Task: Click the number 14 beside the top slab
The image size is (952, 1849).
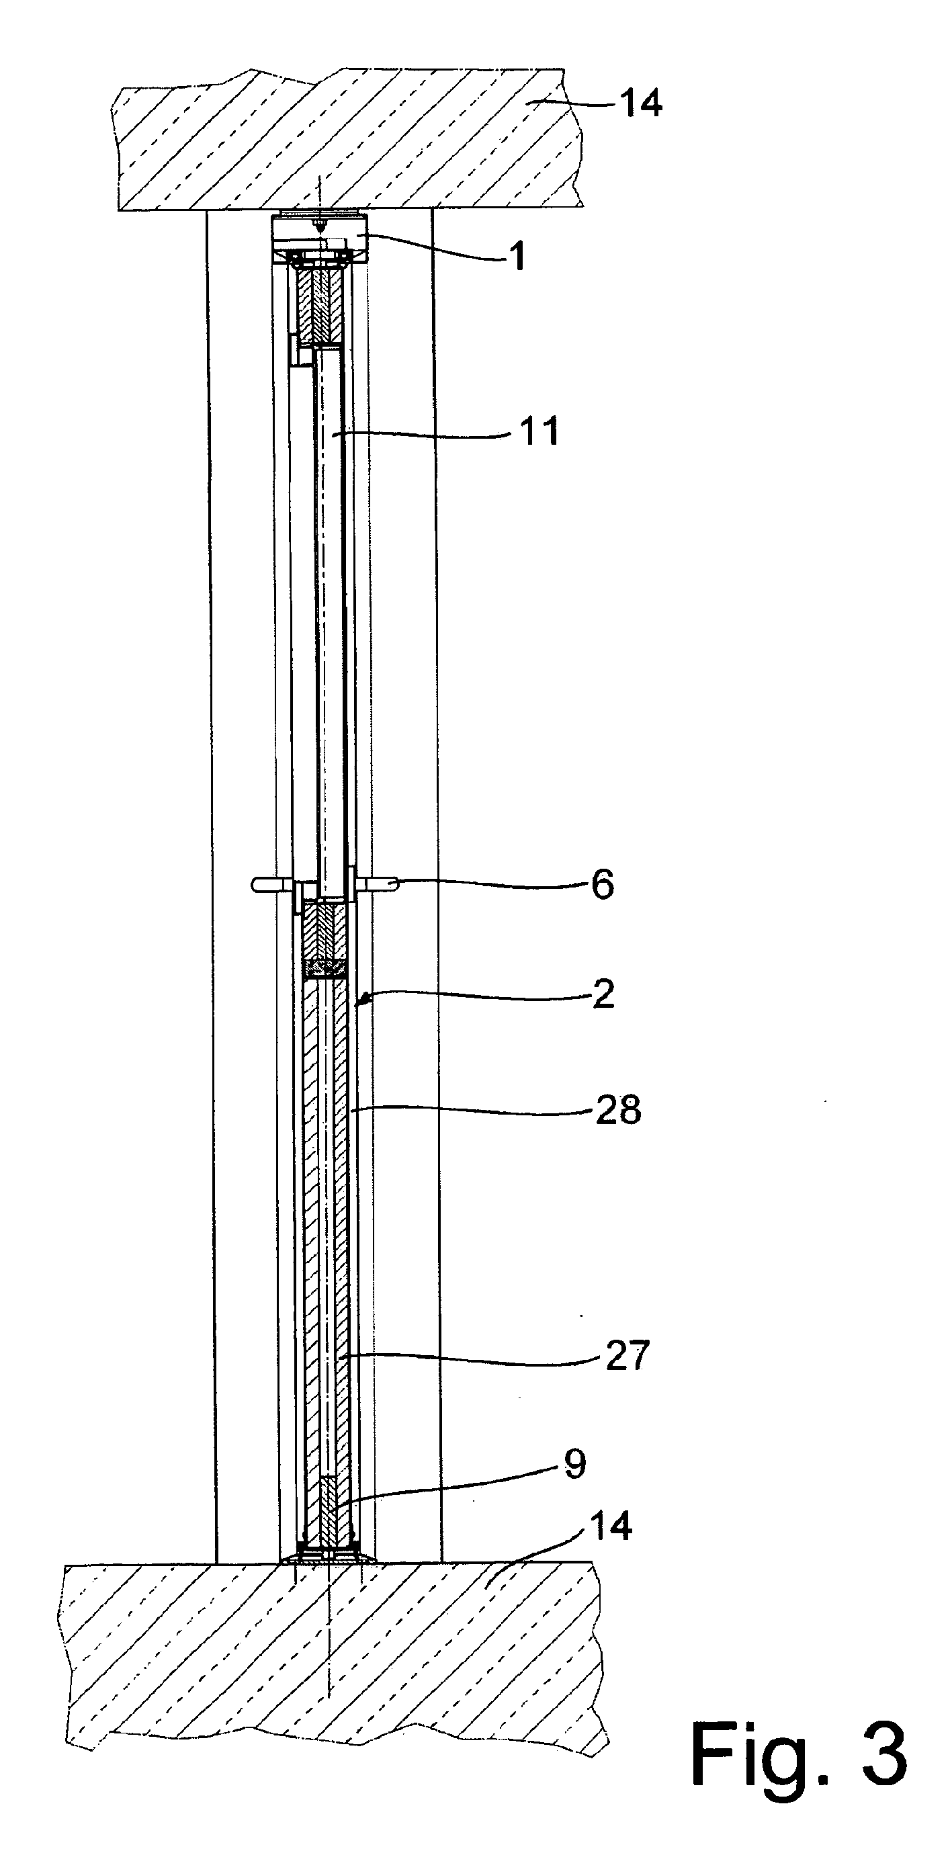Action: coord(640,103)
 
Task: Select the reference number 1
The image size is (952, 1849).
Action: coord(517,256)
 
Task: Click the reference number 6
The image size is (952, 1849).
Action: coord(603,885)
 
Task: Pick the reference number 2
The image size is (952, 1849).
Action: coord(604,995)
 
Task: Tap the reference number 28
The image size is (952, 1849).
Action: coord(618,1110)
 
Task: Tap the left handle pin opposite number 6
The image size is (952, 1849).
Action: coord(272,884)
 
